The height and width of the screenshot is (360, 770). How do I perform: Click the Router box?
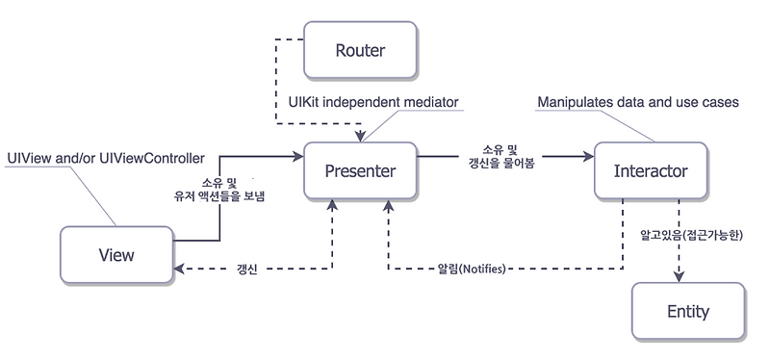[360, 49]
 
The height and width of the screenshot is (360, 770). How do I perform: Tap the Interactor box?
[650, 171]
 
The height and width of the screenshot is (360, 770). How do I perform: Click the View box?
[116, 255]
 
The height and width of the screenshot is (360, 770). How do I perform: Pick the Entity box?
[687, 311]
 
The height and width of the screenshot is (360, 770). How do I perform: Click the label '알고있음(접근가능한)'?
[686, 234]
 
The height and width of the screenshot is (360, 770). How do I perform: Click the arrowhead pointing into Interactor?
[587, 157]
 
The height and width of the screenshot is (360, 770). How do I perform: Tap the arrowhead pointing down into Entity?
[681, 277]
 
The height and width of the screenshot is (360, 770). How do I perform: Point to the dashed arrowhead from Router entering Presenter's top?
[360, 138]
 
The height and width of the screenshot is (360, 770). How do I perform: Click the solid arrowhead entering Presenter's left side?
[297, 157]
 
